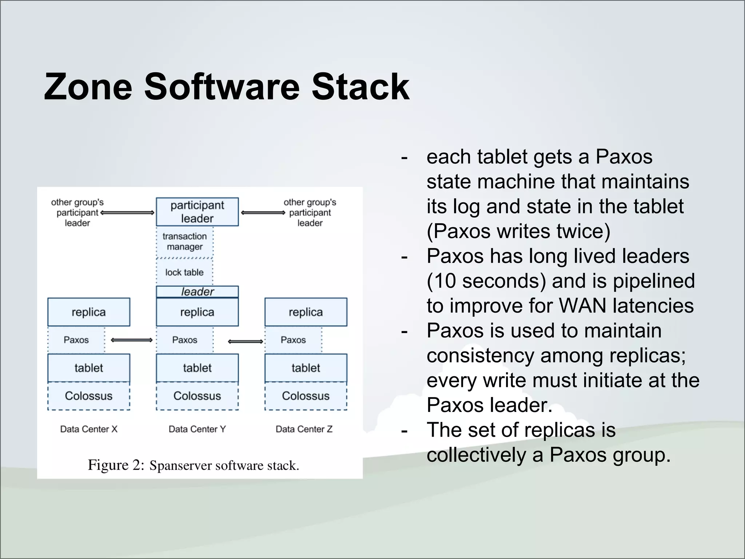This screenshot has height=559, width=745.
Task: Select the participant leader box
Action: (x=197, y=212)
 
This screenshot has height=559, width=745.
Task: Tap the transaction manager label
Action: (x=184, y=242)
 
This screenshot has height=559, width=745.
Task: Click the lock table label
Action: (x=184, y=272)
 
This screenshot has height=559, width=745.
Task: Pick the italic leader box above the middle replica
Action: (x=197, y=292)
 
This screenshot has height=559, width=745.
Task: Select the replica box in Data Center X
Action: (x=88, y=312)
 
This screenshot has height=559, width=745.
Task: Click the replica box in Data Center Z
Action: (x=306, y=312)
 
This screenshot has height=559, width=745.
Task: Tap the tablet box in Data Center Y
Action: (x=197, y=368)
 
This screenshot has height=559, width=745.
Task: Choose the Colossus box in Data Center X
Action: (x=88, y=396)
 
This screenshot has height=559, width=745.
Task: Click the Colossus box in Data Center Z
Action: (x=306, y=396)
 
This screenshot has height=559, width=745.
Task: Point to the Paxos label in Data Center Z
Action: (x=293, y=340)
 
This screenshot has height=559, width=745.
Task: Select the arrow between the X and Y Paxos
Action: (x=131, y=340)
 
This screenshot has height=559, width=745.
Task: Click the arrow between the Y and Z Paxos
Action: (x=246, y=341)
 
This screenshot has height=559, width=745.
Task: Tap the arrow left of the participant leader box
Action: (x=127, y=213)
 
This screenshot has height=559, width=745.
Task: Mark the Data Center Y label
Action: (x=197, y=429)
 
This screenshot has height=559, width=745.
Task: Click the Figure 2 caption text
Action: (x=193, y=465)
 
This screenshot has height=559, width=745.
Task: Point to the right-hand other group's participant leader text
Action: (x=310, y=213)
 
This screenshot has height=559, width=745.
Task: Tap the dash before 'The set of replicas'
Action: (x=404, y=431)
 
